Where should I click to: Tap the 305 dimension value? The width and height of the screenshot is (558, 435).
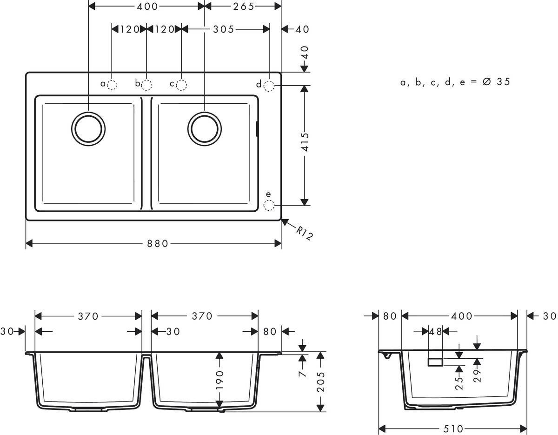[224, 29]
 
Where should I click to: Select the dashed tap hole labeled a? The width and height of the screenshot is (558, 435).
[112, 85]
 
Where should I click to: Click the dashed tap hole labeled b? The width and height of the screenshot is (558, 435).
[146, 85]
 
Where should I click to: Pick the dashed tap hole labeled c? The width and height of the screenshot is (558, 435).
[181, 85]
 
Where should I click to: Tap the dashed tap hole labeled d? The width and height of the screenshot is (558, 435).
[269, 85]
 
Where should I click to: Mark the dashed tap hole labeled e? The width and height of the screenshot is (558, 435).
[269, 205]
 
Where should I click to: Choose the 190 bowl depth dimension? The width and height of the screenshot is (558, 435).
[220, 380]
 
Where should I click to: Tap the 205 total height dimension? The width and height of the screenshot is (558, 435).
[320, 381]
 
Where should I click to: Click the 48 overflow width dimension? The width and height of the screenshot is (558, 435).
[435, 331]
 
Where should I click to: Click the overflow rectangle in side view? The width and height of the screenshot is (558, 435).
[435, 362]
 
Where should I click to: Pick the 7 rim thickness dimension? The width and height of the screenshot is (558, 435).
[303, 373]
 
